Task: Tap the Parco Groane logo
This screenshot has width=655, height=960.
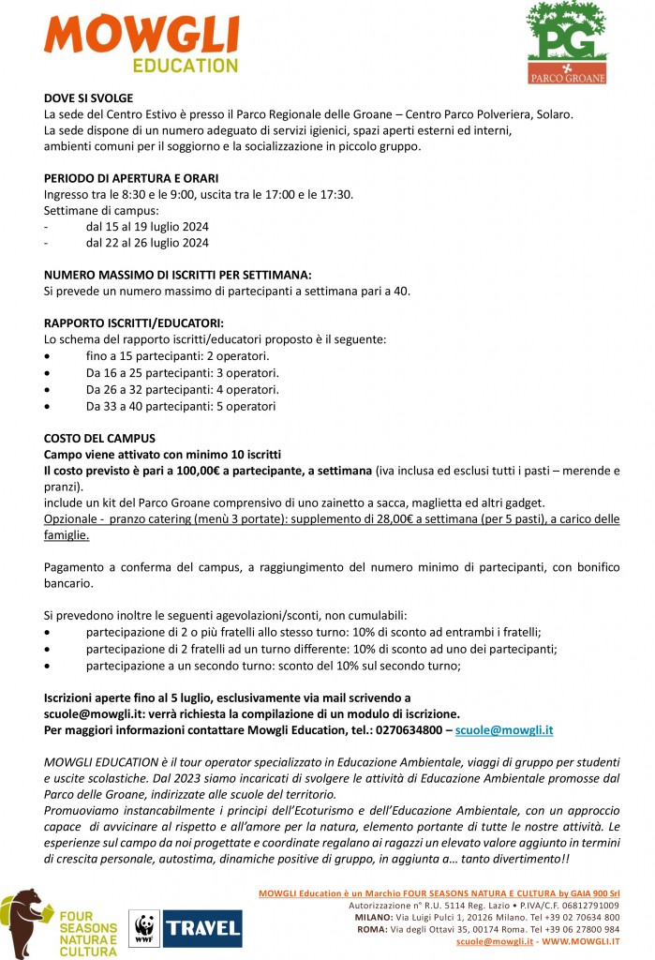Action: [566, 42]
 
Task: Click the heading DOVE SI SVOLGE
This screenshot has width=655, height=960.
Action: [88, 97]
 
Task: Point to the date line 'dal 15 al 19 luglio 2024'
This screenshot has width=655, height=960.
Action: [147, 227]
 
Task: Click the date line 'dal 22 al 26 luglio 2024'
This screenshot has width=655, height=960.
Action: [147, 243]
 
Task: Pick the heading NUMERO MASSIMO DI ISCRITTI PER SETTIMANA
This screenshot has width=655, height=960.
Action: [177, 275]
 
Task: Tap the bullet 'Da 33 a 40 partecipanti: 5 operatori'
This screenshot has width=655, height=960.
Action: [181, 406]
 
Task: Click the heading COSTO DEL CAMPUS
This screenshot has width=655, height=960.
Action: [99, 438]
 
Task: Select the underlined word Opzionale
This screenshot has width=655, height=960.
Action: [73, 518]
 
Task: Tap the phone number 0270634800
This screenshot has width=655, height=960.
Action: [406, 728]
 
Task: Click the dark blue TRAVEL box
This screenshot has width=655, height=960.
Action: [202, 928]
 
